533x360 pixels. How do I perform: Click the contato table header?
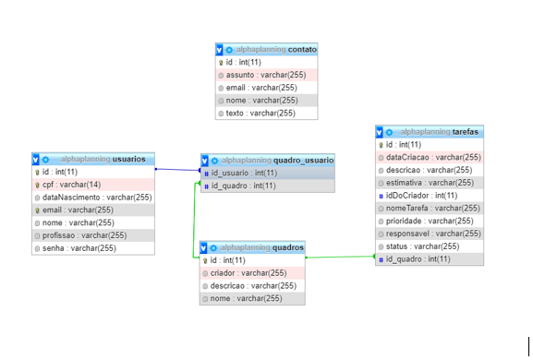[267, 49]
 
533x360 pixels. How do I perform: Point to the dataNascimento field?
[93, 198]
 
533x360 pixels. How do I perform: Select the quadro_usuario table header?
[267, 160]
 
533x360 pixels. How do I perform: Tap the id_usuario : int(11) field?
[244, 173]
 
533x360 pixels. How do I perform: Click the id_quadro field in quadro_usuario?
[244, 186]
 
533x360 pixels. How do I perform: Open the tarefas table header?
[430, 132]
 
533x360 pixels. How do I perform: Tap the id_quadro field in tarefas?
[419, 259]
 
